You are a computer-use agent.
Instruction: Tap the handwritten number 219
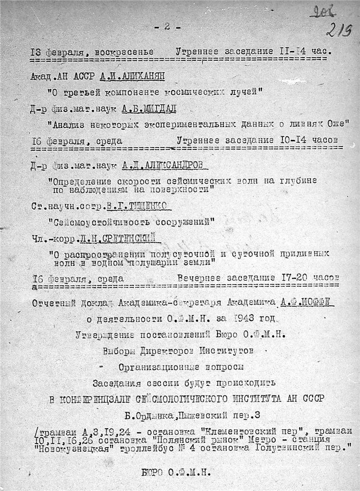[x=339, y=31]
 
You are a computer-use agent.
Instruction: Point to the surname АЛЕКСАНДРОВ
[x=177, y=165]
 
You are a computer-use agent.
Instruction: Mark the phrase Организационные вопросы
[x=181, y=366]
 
